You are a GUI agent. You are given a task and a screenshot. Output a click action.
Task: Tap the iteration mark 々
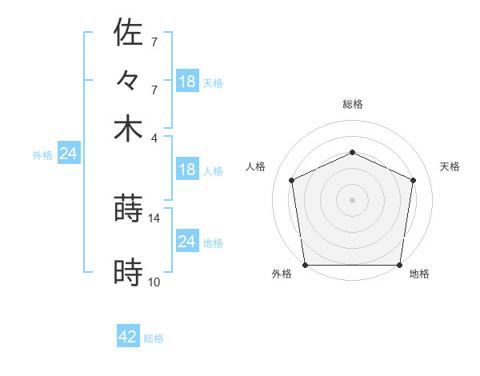tap(128, 81)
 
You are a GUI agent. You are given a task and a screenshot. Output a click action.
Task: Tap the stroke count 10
tap(154, 282)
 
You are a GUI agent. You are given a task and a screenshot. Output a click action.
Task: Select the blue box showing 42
tap(128, 337)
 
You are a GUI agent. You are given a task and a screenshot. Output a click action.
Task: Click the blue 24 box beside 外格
tap(68, 154)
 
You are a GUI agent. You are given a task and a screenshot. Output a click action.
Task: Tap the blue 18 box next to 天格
tap(186, 81)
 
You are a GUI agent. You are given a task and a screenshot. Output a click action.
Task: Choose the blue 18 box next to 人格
tap(186, 170)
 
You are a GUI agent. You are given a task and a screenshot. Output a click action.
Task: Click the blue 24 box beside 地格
tap(186, 242)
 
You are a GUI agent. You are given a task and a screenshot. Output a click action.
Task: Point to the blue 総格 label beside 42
tap(154, 338)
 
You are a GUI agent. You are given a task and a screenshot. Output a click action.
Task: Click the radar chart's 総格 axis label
tap(352, 104)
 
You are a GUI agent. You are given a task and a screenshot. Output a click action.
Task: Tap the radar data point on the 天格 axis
tap(413, 180)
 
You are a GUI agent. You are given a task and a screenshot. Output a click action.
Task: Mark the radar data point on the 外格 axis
tap(305, 265)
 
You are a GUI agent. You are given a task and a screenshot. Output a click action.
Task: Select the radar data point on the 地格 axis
tap(399, 265)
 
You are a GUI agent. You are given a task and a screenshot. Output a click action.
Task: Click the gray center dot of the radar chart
tap(352, 199)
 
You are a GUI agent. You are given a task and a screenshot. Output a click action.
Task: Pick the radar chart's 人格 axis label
tap(256, 166)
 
